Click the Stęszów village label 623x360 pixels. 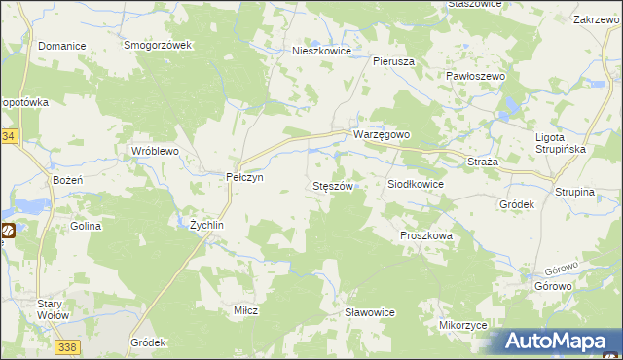click(331, 185)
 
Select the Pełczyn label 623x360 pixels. click(244, 177)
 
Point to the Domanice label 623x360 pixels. click(61, 46)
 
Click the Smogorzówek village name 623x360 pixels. click(162, 46)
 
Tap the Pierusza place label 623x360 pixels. click(394, 60)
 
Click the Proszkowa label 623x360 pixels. click(427, 236)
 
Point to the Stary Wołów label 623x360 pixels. click(51, 309)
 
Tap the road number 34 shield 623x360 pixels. click(8, 137)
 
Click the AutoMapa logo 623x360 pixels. click(558, 342)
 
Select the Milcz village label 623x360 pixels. click(244, 309)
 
